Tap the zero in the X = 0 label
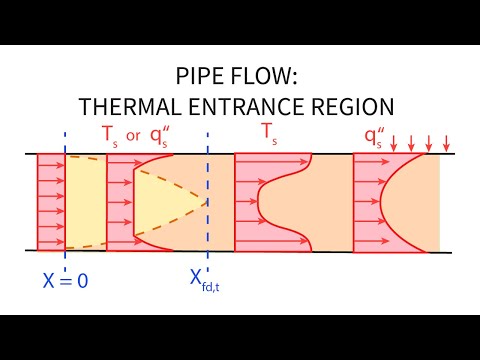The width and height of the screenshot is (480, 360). (x=82, y=281)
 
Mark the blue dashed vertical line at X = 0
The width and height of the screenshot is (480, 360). (x=65, y=200)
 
